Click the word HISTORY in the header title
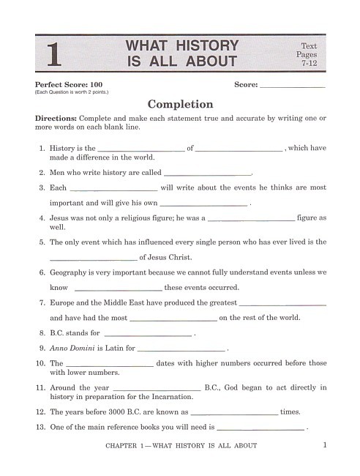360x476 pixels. tap(203, 46)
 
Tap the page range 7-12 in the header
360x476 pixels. tap(307, 64)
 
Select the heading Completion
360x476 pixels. tap(180, 104)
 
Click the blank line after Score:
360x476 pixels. tap(293, 86)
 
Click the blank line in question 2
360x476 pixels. tap(207, 174)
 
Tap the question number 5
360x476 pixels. tap(42, 242)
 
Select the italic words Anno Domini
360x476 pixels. tap(71, 349)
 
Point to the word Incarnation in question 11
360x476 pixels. tap(171, 396)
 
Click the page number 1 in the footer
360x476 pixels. tap(323, 445)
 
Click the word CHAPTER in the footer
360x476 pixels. tap(122, 445)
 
